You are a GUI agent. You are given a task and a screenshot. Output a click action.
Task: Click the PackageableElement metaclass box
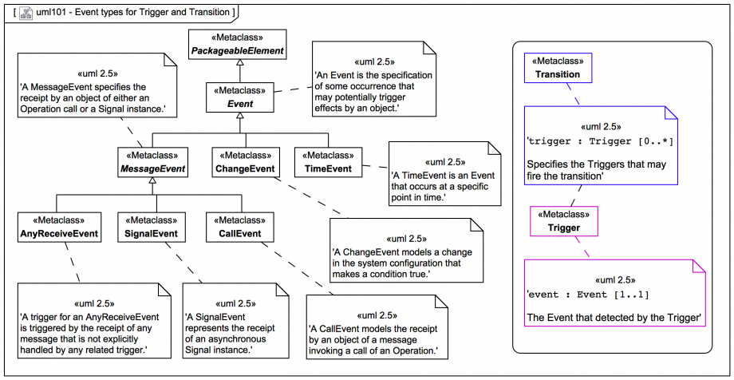pyautogui.click(x=236, y=45)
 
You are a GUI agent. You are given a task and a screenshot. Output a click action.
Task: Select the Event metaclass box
pyautogui.click(x=240, y=97)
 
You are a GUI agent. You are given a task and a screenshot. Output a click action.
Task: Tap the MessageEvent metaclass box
pyautogui.click(x=152, y=162)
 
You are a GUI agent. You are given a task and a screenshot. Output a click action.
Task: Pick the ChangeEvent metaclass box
pyautogui.click(x=245, y=162)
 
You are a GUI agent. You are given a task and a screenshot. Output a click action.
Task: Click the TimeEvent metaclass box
pyautogui.click(x=328, y=162)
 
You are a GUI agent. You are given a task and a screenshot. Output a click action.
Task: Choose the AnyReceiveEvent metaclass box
pyautogui.click(x=60, y=228)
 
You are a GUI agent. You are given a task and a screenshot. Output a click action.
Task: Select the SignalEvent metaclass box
pyautogui.click(x=152, y=228)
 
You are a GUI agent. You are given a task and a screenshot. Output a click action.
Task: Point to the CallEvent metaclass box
pyautogui.click(x=239, y=228)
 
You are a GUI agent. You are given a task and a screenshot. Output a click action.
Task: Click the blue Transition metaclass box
pyautogui.click(x=558, y=68)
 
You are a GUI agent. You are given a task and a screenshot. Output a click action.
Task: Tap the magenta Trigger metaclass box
pyautogui.click(x=563, y=221)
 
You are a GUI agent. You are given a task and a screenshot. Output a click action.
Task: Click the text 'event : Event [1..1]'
pyautogui.click(x=588, y=295)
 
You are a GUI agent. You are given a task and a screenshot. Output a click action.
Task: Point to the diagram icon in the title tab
pyautogui.click(x=26, y=12)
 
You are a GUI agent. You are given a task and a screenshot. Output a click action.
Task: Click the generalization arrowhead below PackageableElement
pyautogui.click(x=237, y=64)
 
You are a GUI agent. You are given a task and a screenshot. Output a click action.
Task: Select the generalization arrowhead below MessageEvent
pyautogui.click(x=152, y=183)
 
